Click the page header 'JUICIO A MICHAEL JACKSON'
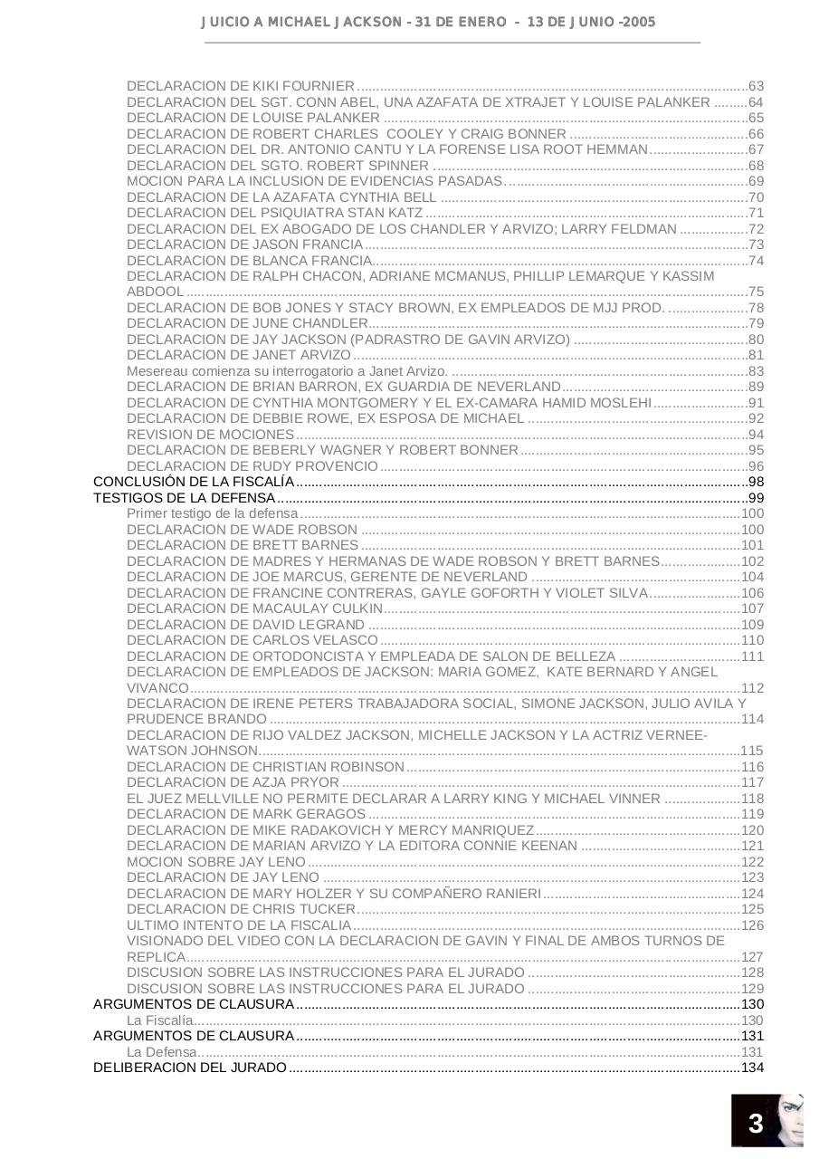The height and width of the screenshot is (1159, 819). click(308, 22)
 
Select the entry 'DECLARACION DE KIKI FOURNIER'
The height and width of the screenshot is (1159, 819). click(241, 87)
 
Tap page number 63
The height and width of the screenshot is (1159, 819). click(756, 87)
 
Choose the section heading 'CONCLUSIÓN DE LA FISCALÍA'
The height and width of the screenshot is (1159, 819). click(194, 482)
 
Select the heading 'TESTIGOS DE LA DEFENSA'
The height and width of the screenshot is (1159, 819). click(185, 498)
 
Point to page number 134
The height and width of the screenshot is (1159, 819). click(752, 1068)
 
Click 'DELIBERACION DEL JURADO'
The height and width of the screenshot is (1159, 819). click(190, 1068)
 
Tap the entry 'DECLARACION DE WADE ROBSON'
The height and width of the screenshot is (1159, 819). click(242, 530)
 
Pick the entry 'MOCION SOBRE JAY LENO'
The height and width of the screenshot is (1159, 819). click(216, 862)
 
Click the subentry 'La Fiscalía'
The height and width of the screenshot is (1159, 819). click(160, 1020)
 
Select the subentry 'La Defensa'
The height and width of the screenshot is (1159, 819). click(161, 1052)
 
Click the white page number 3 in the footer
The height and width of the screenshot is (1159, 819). click(756, 1125)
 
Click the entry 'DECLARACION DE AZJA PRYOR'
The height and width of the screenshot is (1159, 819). click(233, 782)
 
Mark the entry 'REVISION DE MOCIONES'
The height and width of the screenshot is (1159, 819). click(210, 435)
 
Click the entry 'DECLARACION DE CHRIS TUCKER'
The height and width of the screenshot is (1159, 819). click(241, 909)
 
